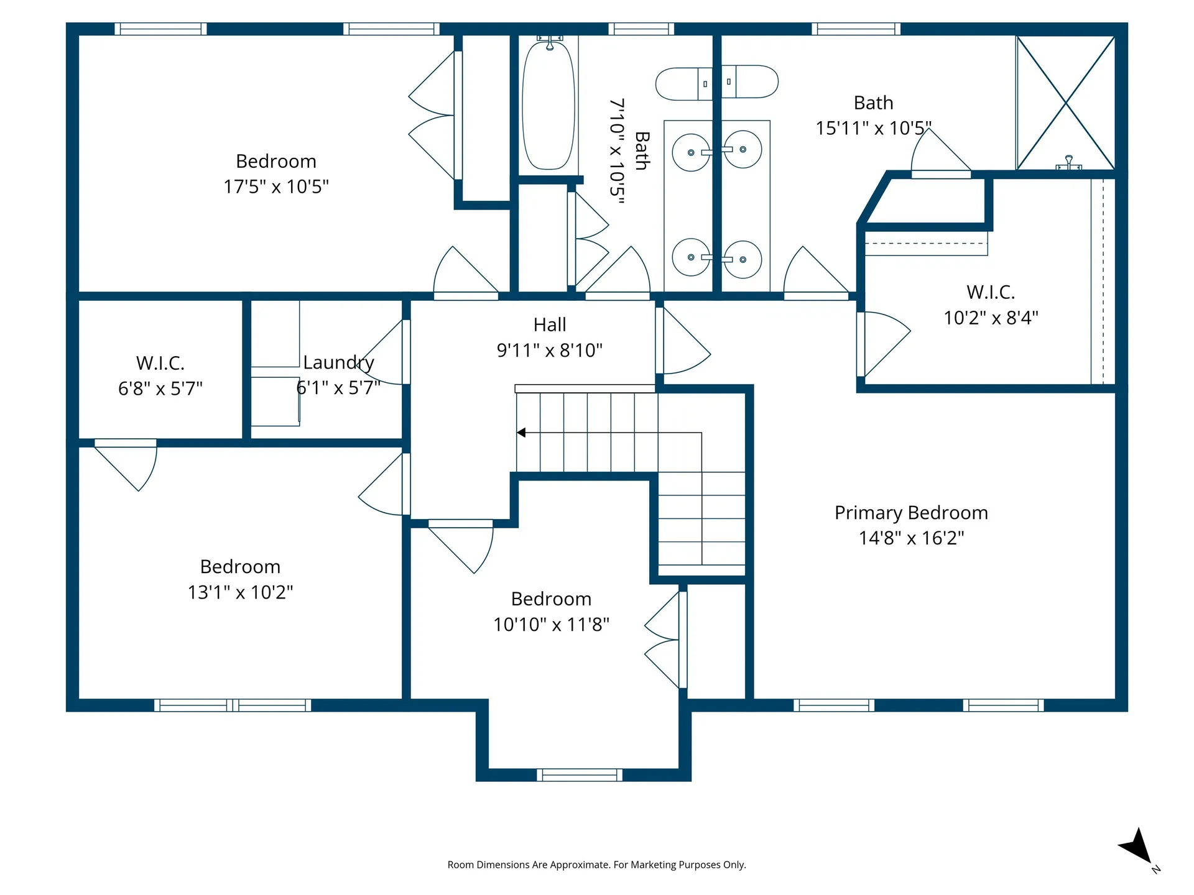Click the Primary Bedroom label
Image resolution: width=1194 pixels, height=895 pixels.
pos(911,513)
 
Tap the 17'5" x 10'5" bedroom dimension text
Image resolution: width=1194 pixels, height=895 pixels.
pos(276,186)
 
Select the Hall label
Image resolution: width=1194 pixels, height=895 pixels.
pos(550,324)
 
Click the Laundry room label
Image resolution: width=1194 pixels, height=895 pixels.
pos(338,362)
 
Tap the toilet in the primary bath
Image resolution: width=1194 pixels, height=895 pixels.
pos(750,81)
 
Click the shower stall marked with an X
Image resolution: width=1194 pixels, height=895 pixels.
pos(1066,103)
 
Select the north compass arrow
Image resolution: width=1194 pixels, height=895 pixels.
pos(1138,847)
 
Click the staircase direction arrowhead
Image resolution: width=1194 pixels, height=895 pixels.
pos(521,433)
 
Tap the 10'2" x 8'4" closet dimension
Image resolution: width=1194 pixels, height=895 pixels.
pos(991,318)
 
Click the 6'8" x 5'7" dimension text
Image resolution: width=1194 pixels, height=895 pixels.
pos(160,389)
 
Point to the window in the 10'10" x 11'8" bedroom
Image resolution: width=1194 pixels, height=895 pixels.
pos(580,775)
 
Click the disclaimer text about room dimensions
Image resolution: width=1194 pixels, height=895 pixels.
pos(597,865)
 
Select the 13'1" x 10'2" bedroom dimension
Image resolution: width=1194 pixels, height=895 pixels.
pos(241,592)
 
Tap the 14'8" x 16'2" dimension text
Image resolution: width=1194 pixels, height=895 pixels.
pos(912,538)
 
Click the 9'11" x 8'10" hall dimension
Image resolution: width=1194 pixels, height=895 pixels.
pos(550,351)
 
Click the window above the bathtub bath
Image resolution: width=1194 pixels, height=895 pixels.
pos(641,29)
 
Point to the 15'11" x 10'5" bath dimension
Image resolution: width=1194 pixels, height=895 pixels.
pos(874,128)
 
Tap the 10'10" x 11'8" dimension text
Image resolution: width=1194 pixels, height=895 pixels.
pos(552,625)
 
